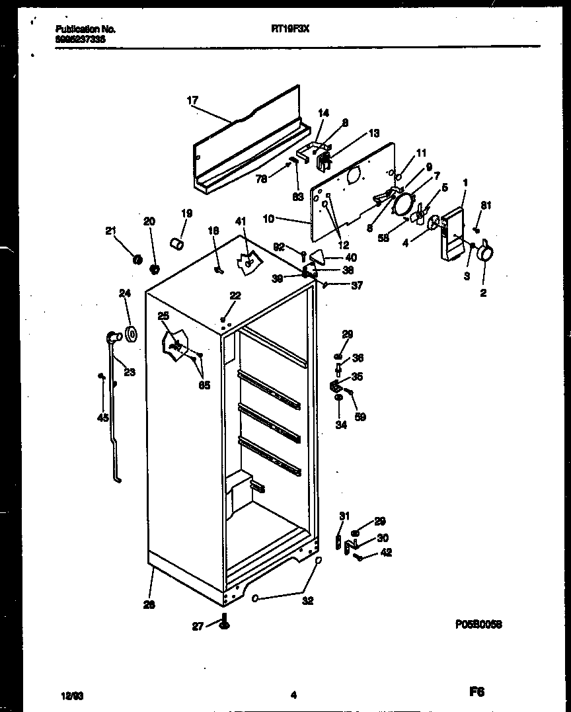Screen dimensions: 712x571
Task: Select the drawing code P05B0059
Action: coord(482,623)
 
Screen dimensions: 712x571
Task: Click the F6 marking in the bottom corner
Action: coord(477,692)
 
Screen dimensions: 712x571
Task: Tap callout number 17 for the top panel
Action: coord(192,100)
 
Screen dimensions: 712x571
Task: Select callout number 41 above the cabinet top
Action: coord(241,221)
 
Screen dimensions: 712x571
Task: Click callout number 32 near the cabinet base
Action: coord(307,601)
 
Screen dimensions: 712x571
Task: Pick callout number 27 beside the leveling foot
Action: coord(198,627)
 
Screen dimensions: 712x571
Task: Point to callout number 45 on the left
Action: coord(102,416)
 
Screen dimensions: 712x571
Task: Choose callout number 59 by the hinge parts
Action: coord(360,417)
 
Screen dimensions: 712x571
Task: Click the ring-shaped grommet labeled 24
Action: coord(131,335)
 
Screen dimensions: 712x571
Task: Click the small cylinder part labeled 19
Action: coord(176,245)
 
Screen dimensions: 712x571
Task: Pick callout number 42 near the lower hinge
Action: coord(386,553)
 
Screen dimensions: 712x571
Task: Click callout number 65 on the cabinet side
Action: coord(204,385)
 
